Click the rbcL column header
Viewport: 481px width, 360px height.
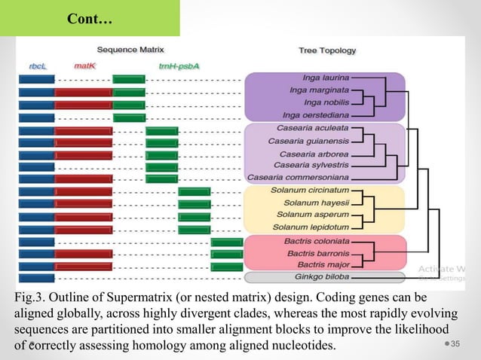38,66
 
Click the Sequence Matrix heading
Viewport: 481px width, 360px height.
130,50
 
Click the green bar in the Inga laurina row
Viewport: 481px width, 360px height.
128,79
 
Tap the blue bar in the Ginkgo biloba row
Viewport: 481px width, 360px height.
36,278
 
